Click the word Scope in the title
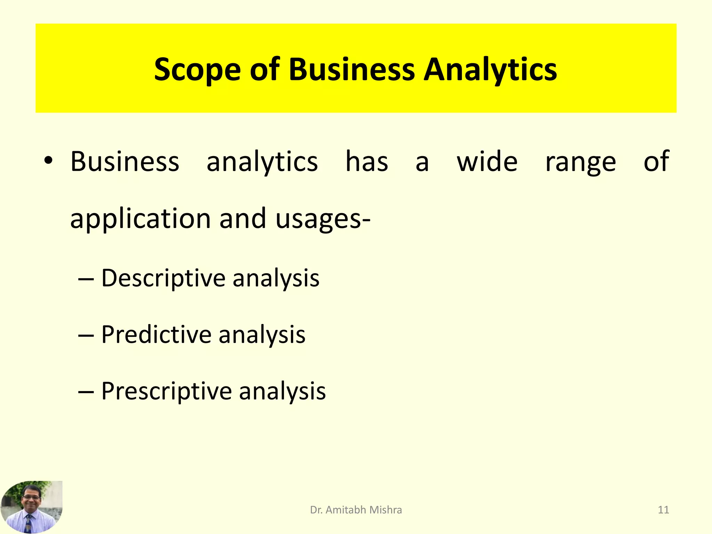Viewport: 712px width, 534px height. click(197, 70)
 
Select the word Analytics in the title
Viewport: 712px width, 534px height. click(490, 70)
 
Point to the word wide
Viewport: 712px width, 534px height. click(487, 162)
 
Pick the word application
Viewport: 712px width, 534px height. click(140, 219)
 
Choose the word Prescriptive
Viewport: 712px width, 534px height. click(167, 391)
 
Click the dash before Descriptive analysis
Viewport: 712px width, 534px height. click(86, 279)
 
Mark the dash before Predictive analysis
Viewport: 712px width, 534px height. click(86, 336)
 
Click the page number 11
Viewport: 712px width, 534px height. click(663, 510)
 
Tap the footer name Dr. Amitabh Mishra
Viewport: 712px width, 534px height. click(356, 510)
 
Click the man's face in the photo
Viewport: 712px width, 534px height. click(31, 497)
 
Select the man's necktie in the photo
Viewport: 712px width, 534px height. click(29, 523)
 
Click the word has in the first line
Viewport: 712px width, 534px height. click(367, 162)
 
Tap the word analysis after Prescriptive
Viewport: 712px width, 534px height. click(282, 391)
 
